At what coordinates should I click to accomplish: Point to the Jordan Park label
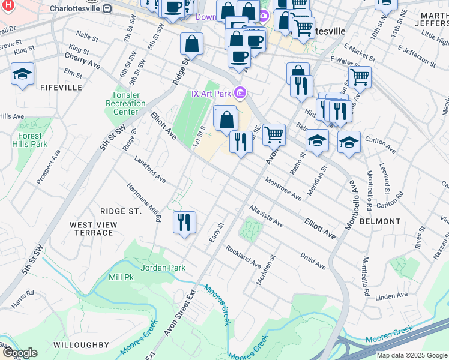(163, 268)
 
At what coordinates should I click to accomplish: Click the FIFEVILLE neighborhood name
(61, 88)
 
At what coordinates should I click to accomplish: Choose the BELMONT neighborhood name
(379, 221)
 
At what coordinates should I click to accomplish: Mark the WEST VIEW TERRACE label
(93, 229)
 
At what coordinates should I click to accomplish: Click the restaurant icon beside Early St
(184, 222)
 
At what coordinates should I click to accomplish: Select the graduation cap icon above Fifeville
(22, 74)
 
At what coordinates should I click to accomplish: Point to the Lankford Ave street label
(150, 170)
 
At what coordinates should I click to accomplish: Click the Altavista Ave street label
(267, 215)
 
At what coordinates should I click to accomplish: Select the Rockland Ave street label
(243, 256)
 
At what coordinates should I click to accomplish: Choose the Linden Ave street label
(391, 296)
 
